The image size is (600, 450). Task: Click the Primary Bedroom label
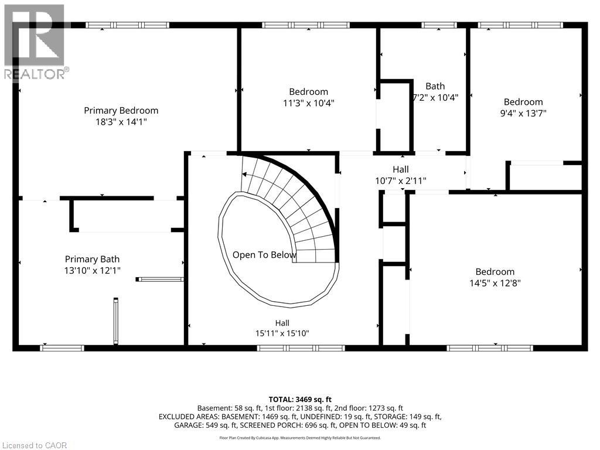(x=121, y=111)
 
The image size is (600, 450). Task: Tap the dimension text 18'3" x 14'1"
(x=121, y=122)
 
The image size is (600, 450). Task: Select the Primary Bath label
(x=92, y=259)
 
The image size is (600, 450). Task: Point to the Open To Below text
(x=264, y=255)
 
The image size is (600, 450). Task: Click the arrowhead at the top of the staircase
(x=244, y=175)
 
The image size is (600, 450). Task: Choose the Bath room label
(x=435, y=86)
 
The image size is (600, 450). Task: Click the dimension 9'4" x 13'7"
(x=523, y=113)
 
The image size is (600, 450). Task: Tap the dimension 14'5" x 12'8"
(x=495, y=283)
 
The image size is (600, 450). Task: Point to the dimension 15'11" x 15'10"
(x=282, y=333)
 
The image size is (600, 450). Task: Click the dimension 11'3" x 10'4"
(x=309, y=103)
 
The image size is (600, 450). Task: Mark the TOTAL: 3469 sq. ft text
(x=300, y=400)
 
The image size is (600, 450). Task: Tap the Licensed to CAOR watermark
(x=35, y=445)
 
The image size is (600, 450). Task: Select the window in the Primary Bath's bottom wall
(x=62, y=348)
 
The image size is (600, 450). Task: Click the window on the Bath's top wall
(x=439, y=25)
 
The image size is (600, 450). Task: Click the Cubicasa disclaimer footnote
(x=300, y=438)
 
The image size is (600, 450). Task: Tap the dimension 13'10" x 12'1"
(x=92, y=271)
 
